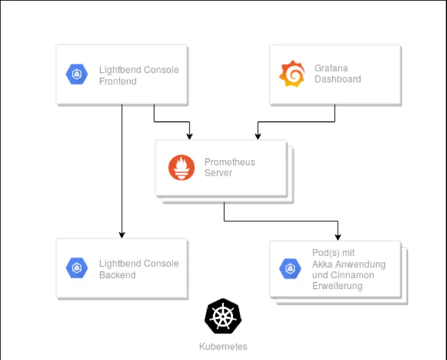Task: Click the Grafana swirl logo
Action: pyautogui.click(x=291, y=74)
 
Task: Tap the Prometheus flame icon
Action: pyautogui.click(x=181, y=168)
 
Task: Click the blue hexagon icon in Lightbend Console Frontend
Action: pyautogui.click(x=77, y=74)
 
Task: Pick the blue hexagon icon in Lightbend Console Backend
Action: pyautogui.click(x=77, y=268)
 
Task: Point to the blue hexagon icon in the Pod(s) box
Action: pyautogui.click(x=290, y=269)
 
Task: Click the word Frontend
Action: pyautogui.click(x=118, y=81)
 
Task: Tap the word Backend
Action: pyautogui.click(x=117, y=275)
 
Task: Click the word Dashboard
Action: pyautogui.click(x=338, y=79)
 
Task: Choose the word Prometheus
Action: pyautogui.click(x=230, y=162)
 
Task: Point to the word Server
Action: pyautogui.click(x=218, y=174)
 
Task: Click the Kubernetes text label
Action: pyautogui.click(x=223, y=346)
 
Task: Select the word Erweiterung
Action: pyautogui.click(x=338, y=286)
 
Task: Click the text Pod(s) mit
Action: pyautogui.click(x=333, y=253)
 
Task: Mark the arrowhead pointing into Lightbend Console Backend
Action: pyautogui.click(x=122, y=234)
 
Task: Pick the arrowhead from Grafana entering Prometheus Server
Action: pyautogui.click(x=257, y=135)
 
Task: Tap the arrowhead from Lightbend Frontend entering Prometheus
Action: pyautogui.click(x=189, y=135)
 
